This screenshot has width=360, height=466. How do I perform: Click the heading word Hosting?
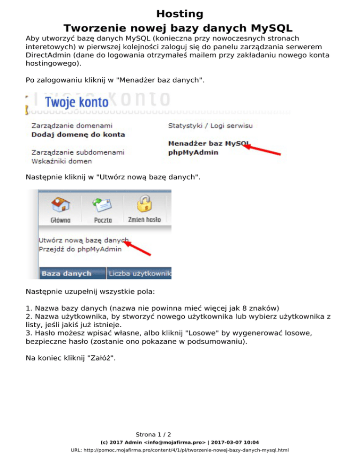coord(180,14)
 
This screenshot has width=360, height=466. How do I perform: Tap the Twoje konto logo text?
coord(76,103)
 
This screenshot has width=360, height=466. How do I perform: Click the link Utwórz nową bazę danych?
coord(83,240)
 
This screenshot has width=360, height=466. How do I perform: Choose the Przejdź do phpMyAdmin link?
coord(80,249)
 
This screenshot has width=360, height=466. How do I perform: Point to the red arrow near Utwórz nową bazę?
coord(139,247)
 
